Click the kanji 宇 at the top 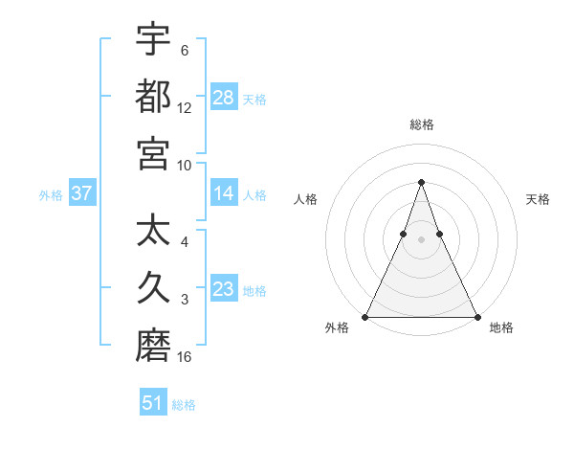pyautogui.click(x=153, y=39)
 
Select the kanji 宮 pyautogui.click(x=153, y=153)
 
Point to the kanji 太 pyautogui.click(x=153, y=232)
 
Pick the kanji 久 pyautogui.click(x=153, y=288)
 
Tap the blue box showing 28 pyautogui.click(x=224, y=97)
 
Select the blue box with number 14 pyautogui.click(x=224, y=193)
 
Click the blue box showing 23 pyautogui.click(x=224, y=288)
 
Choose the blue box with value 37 pyautogui.click(x=81, y=193)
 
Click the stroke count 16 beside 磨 pyautogui.click(x=185, y=357)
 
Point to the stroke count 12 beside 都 pyautogui.click(x=185, y=108)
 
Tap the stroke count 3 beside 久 pyautogui.click(x=185, y=300)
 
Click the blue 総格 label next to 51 pyautogui.click(x=184, y=405)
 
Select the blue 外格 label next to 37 pyautogui.click(x=51, y=194)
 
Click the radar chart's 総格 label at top pyautogui.click(x=421, y=124)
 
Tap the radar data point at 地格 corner pyautogui.click(x=476, y=316)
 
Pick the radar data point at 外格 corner pyautogui.click(x=365, y=316)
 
